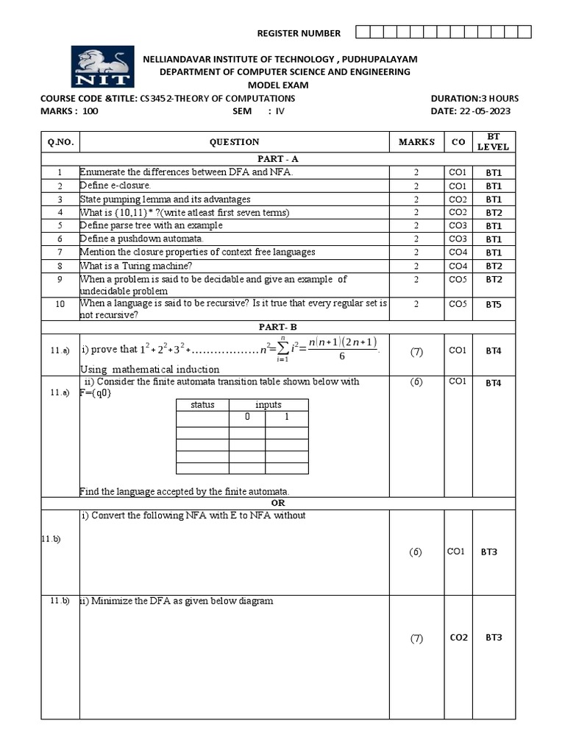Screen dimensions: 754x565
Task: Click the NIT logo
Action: (102, 66)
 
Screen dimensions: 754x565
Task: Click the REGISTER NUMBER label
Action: (298, 33)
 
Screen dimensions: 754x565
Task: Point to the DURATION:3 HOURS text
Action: (475, 98)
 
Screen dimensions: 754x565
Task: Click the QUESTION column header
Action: (234, 142)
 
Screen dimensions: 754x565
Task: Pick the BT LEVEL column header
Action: (493, 142)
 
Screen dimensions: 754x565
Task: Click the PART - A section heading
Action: (277, 159)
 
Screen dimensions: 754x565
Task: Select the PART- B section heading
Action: (277, 326)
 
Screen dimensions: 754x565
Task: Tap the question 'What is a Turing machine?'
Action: (132, 266)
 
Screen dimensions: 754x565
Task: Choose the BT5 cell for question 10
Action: (493, 303)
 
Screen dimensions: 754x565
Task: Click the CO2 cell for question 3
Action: (457, 200)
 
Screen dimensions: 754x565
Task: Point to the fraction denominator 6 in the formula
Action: (342, 356)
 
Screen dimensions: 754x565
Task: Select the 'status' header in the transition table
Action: (202, 405)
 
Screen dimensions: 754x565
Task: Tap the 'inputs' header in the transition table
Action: (269, 405)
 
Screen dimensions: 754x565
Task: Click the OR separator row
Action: (277, 503)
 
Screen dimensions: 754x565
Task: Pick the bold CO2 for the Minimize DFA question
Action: (458, 638)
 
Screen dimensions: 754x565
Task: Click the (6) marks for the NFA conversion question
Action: (416, 552)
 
